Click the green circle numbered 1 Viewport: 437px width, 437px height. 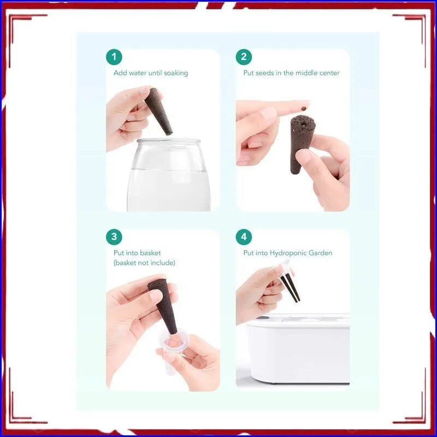pyautogui.click(x=114, y=57)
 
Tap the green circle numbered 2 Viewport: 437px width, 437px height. pyautogui.click(x=244, y=57)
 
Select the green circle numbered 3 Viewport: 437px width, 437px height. pyautogui.click(x=114, y=237)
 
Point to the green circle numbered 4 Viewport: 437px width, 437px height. pyautogui.click(x=244, y=237)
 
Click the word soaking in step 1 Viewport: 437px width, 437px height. pyautogui.click(x=176, y=73)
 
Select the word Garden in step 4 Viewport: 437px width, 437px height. pyautogui.click(x=324, y=253)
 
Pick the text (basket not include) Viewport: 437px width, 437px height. pyautogui.click(x=144, y=263)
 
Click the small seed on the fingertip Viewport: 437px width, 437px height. pyautogui.click(x=304, y=107)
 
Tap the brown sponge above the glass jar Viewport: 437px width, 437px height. pyautogui.click(x=158, y=111)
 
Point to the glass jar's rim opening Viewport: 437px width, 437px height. pyautogui.click(x=169, y=141)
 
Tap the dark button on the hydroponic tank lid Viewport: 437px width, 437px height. pyautogui.click(x=262, y=317)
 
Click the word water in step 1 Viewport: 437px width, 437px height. pyautogui.click(x=138, y=73)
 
